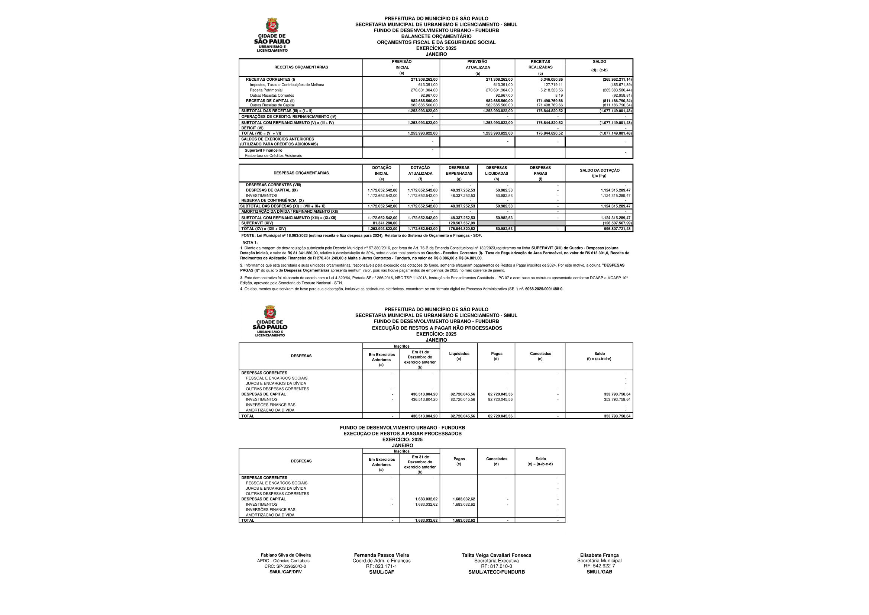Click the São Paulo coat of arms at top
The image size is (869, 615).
[x=272, y=25]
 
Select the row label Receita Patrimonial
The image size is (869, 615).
[x=266, y=90]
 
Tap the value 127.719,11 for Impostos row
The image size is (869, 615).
[x=553, y=85]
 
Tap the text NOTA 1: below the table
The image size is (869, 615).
[x=250, y=242]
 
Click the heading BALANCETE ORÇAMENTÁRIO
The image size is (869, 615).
[x=436, y=36]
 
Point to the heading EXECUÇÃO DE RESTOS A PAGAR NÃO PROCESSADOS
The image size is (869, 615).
[x=436, y=328]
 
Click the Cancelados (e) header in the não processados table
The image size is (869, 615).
[x=540, y=356]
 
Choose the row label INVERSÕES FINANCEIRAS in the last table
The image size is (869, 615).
[x=270, y=510]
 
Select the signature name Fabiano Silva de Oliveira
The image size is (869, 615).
[x=285, y=555]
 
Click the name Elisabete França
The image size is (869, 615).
[x=599, y=555]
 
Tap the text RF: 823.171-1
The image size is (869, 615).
[x=381, y=566]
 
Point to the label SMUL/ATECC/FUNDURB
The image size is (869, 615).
[x=496, y=572]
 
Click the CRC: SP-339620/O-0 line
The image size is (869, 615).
[x=285, y=567]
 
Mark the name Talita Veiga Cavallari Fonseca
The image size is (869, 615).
[x=496, y=555]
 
